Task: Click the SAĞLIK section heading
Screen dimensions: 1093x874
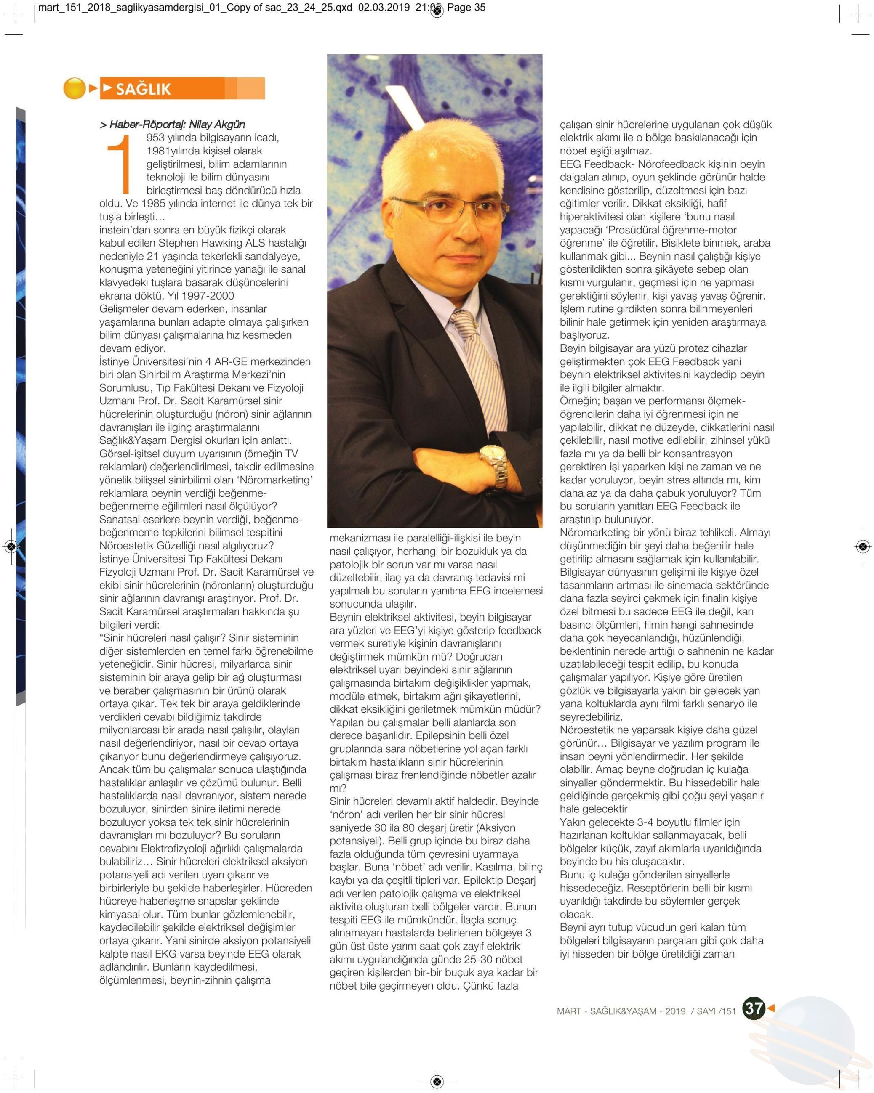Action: pyautogui.click(x=144, y=89)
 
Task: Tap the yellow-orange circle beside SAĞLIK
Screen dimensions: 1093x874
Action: pyautogui.click(x=75, y=88)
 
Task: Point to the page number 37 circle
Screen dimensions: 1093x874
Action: pyautogui.click(x=753, y=1008)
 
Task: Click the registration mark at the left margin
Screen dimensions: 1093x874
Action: pyautogui.click(x=11, y=546)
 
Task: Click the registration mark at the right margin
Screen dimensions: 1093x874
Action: pyautogui.click(x=862, y=546)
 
